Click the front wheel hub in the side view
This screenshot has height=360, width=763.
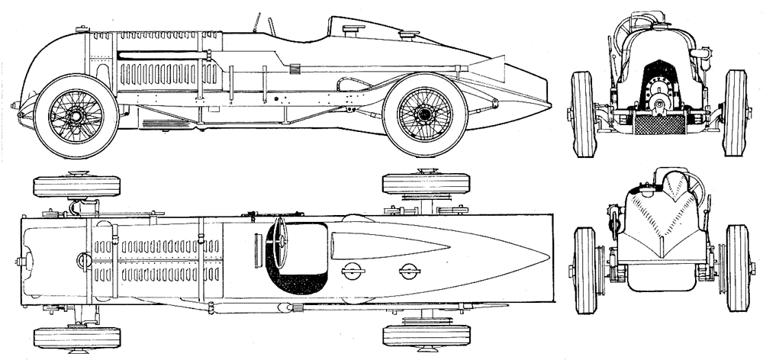pyautogui.click(x=76, y=115)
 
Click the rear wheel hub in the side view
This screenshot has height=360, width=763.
pyautogui.click(x=424, y=114)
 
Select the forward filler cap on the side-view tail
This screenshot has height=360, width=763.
pyautogui.click(x=353, y=29)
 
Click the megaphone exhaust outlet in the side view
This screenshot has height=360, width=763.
pyautogui.click(x=496, y=67)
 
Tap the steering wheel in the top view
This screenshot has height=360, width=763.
pyautogui.click(x=278, y=241)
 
